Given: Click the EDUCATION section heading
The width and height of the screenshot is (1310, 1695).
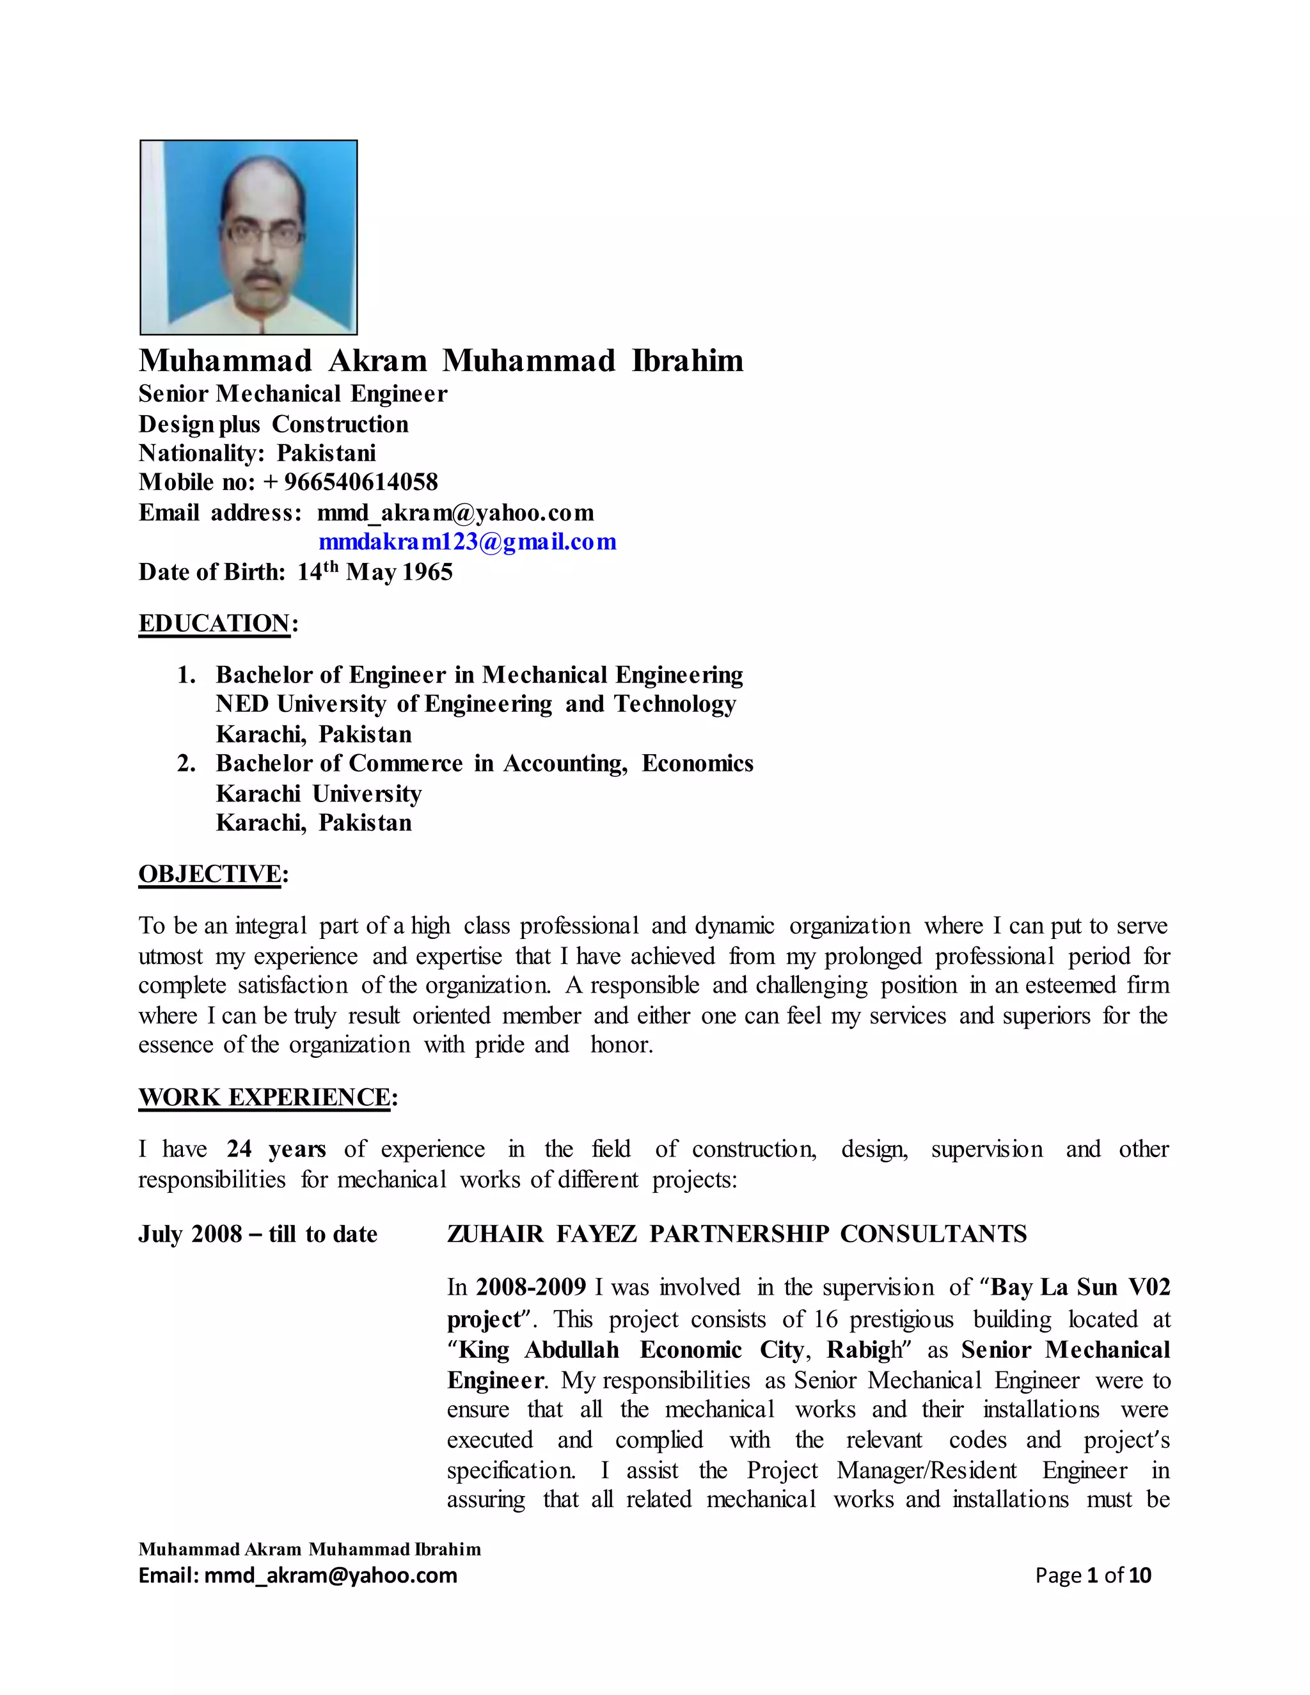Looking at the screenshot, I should pos(214,623).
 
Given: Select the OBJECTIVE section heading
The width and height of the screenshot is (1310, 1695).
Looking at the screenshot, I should pos(210,874).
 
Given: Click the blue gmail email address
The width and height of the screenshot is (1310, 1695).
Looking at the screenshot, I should pos(467,542).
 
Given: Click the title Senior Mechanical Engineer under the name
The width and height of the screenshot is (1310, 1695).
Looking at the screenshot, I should pos(292,393).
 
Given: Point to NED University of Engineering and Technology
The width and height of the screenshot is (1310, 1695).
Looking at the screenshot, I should pos(476,704).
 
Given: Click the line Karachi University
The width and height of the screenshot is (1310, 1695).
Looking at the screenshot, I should pos(319,793).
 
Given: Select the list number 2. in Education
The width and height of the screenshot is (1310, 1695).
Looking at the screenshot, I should pos(186,764).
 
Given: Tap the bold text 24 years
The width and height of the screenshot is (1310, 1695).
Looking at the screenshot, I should pos(276,1149).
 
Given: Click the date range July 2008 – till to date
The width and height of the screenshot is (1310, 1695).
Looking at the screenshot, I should pos(258,1234).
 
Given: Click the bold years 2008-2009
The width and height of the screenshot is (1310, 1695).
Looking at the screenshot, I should pos(531,1287).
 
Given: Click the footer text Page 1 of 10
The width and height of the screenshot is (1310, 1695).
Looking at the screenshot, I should pos(1093,1575).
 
